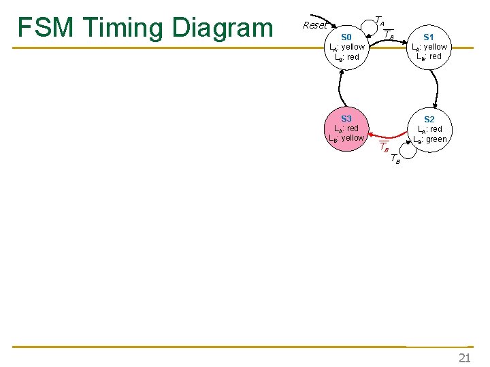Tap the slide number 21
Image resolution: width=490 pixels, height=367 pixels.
coord(465,357)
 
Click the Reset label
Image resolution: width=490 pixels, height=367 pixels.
coord(314,25)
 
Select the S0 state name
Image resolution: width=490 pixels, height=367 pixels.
coord(346,37)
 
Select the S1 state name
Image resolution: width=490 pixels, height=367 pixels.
coord(429,37)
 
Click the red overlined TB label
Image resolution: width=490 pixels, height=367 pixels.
coord(384,147)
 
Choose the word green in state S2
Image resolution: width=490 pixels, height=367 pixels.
coord(436,139)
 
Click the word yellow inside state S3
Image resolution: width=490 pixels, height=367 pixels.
coord(353,138)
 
